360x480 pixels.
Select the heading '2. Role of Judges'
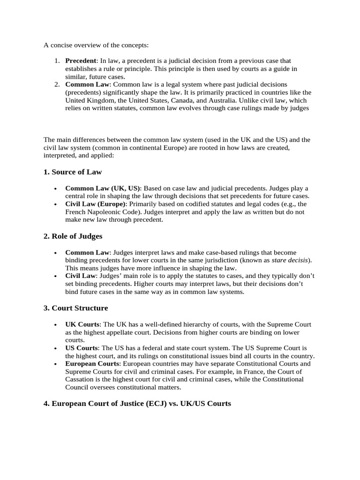pyautogui.click(x=73, y=236)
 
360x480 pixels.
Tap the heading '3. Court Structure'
pyautogui.click(x=75, y=308)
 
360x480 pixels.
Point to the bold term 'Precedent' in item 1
pyautogui.click(x=81, y=61)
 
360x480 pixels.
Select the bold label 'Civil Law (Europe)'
pyautogui.click(x=95, y=204)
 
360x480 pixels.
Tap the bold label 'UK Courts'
pyautogui.click(x=82, y=324)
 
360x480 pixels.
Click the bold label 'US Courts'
pyautogui.click(x=82, y=348)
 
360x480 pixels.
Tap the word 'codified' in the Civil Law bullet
pyautogui.click(x=184, y=204)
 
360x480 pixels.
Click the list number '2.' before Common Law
pyautogui.click(x=56, y=84)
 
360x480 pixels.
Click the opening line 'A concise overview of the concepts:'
pyautogui.click(x=96, y=45)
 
